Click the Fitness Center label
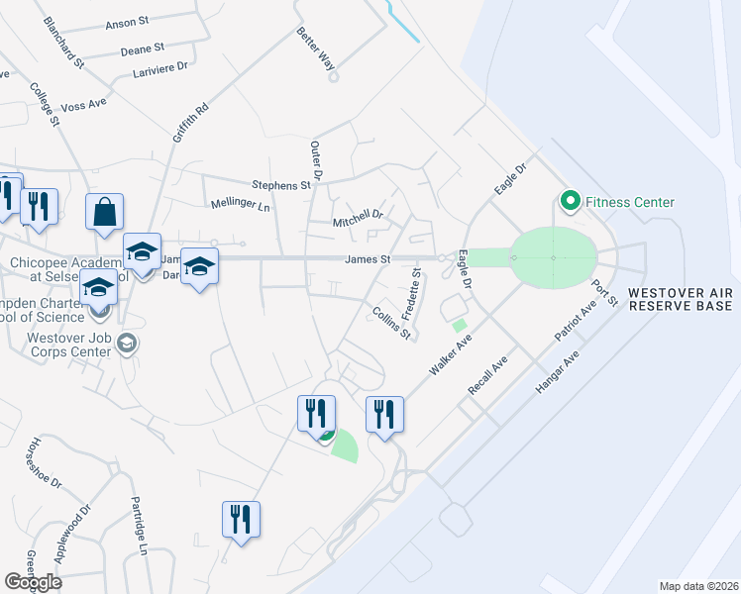630,203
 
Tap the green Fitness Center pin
570,202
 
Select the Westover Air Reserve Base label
680,299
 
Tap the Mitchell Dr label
358,217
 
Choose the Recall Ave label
487,378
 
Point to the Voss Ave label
83,103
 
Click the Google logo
33,581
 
